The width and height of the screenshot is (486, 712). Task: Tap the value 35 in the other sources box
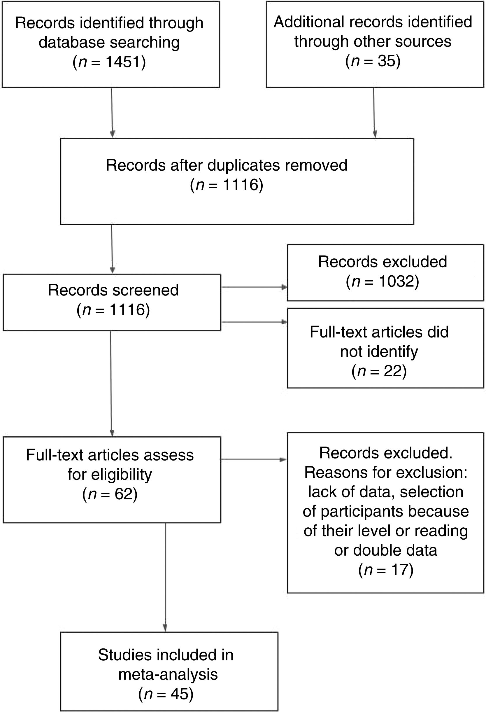tap(387, 61)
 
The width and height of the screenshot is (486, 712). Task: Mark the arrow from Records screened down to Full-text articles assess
tap(111, 383)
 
